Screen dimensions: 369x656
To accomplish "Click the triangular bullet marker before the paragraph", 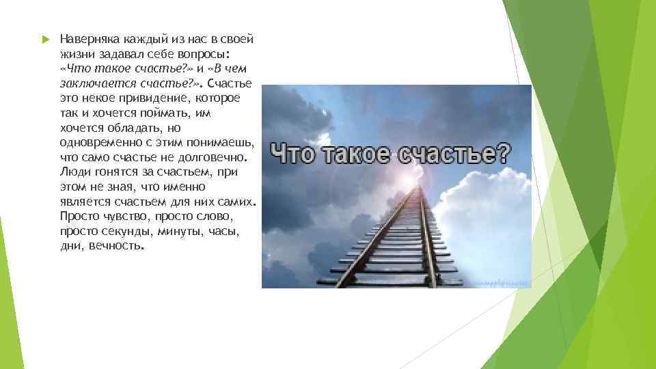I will click(46, 40).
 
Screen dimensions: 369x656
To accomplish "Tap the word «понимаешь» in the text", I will click(223, 142).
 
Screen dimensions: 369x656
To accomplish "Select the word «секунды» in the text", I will click(130, 232).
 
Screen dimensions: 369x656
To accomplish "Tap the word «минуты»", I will click(180, 232).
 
